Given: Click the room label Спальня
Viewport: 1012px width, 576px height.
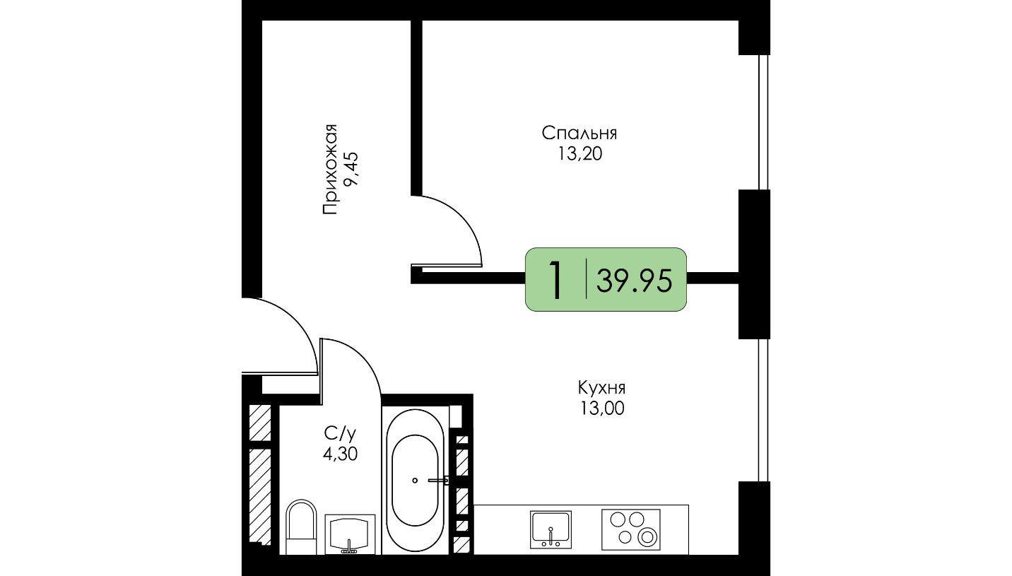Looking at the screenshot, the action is (x=579, y=134).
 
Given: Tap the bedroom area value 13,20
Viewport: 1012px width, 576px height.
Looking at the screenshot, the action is (x=579, y=155).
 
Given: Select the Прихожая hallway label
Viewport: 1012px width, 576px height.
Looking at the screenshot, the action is (x=330, y=170).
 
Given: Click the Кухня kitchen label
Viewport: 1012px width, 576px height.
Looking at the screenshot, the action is (x=601, y=387).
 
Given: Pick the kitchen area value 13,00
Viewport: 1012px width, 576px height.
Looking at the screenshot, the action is (x=602, y=409).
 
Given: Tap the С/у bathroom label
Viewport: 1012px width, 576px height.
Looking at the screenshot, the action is (x=340, y=434).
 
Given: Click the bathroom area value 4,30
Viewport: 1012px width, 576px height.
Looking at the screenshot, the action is (x=340, y=454).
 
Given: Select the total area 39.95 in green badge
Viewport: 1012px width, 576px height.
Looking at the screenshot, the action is (x=635, y=281).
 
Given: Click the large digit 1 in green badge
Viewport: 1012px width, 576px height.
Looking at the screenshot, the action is (x=556, y=280).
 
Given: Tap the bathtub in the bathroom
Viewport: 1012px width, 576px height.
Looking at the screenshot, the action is (x=415, y=480).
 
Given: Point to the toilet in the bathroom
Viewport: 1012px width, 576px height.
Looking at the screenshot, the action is (x=301, y=527).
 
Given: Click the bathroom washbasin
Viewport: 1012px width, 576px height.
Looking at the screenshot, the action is (x=350, y=534).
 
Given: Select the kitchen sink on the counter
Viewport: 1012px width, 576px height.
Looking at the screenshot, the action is (x=551, y=529).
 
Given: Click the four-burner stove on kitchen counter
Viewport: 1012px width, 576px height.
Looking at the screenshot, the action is (x=630, y=529).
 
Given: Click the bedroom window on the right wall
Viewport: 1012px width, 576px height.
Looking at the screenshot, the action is (x=763, y=122).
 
